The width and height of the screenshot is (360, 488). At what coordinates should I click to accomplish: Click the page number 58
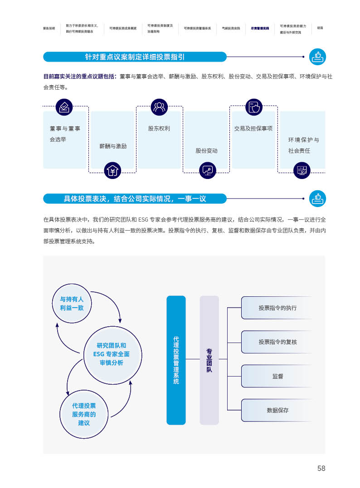321,469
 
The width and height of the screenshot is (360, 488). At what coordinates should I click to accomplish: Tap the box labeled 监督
277,376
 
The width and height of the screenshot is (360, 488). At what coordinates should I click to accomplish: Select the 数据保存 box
277,411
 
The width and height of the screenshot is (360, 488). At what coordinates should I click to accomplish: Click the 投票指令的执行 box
277,308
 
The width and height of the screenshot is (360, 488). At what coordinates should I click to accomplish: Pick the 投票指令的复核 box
277,342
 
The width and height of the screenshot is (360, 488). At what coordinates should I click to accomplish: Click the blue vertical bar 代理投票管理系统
176,360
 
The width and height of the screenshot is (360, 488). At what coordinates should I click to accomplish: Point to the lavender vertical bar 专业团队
209,360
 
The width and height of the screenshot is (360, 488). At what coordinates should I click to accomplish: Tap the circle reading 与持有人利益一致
72,304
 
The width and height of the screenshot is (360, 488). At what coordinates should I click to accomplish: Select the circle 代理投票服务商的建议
84,414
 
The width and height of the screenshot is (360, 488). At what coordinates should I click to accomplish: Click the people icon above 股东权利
159,107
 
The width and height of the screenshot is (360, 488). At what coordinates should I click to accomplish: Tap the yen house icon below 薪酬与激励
112,171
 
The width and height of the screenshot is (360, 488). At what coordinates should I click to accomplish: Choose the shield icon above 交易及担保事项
254,107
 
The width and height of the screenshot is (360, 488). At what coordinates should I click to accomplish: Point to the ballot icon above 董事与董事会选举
64,107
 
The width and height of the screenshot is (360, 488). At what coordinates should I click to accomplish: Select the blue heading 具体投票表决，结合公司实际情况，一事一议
135,198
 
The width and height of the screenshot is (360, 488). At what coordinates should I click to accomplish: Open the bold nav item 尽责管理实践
260,28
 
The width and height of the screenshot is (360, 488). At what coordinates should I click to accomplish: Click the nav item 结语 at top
320,28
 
